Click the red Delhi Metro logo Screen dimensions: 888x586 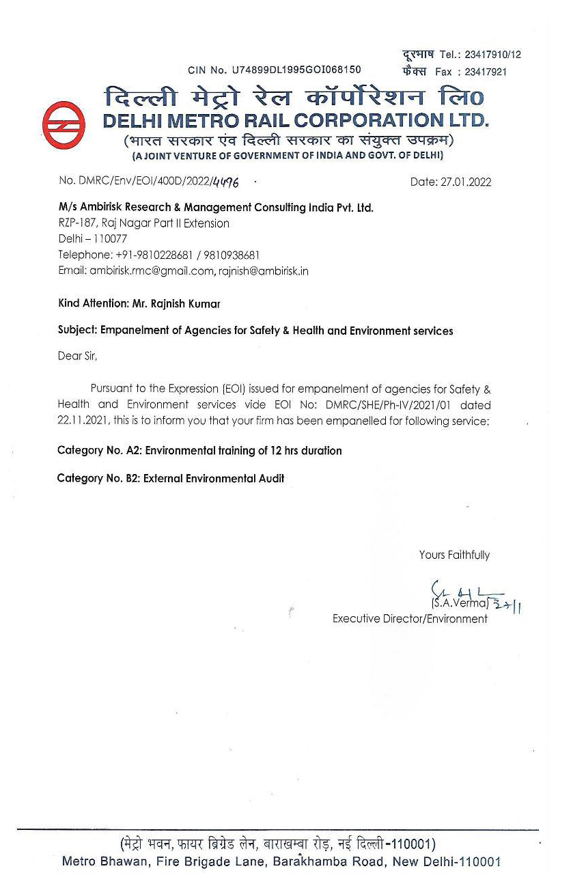64,126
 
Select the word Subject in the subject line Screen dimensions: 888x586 76,331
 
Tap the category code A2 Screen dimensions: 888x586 133,451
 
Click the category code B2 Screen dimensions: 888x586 132,478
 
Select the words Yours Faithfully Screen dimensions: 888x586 454,555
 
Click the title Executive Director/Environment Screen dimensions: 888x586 410,619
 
